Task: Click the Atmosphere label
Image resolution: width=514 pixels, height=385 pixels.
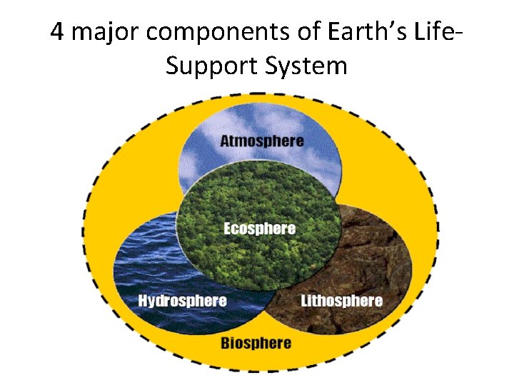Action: (x=261, y=140)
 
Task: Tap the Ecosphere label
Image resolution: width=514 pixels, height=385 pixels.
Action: (x=259, y=229)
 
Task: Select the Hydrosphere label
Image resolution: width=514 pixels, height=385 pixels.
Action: (x=182, y=300)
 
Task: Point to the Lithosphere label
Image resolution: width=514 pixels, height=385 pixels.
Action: (x=341, y=300)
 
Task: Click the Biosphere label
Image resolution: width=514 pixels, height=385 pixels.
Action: (x=256, y=343)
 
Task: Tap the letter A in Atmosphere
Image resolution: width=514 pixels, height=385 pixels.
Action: (x=225, y=140)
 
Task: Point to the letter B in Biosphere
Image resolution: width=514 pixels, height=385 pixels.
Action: (x=225, y=343)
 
